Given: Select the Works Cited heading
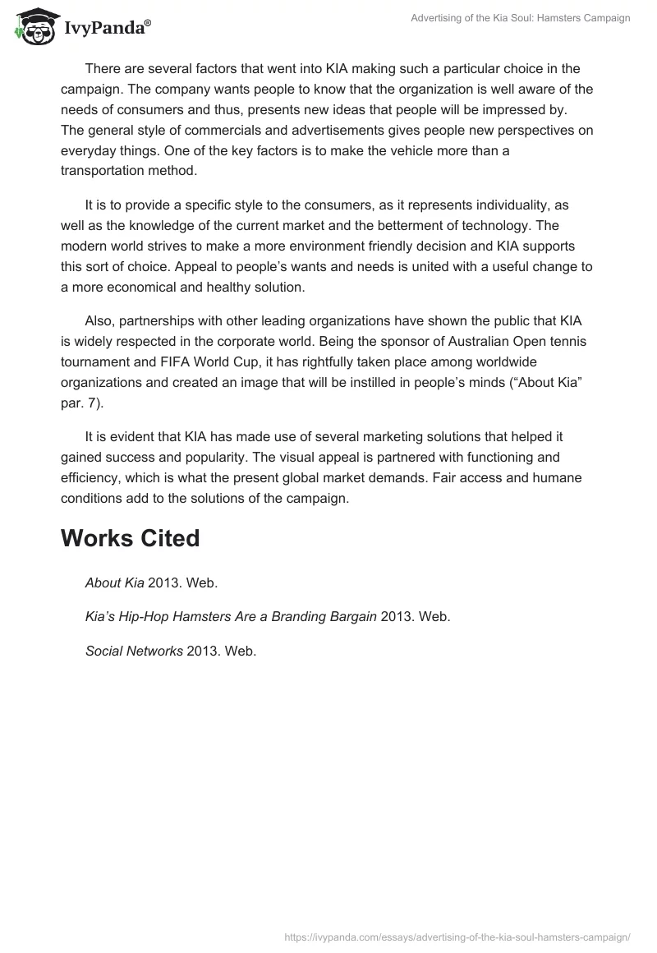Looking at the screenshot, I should click(131, 538).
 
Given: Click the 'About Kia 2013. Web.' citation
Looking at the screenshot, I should click(151, 582).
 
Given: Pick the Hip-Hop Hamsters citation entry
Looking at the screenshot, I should click(267, 616).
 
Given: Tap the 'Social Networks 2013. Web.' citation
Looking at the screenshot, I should click(171, 650).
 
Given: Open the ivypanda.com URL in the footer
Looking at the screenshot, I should click(457, 936).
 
